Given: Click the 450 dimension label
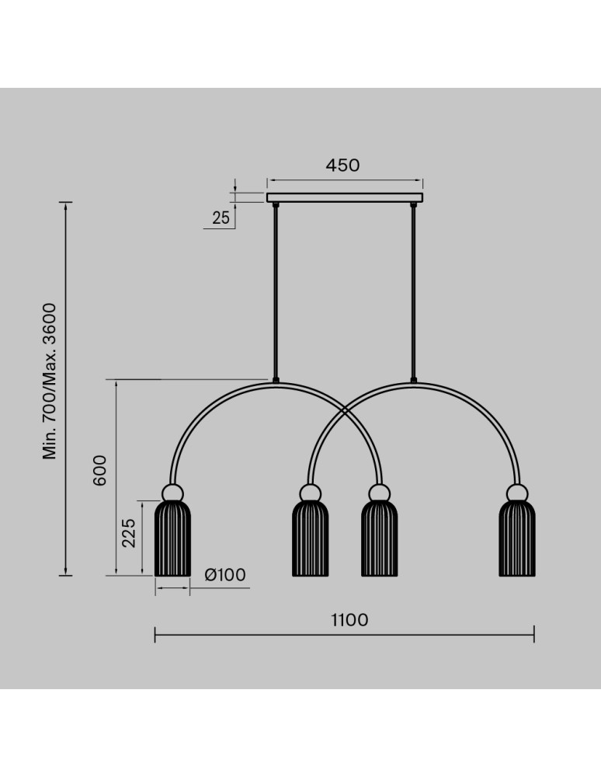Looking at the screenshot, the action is [x=342, y=165].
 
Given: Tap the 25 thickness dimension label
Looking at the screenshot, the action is [x=221, y=218].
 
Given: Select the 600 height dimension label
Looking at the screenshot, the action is [x=99, y=470].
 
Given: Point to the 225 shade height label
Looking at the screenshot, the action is [x=129, y=533].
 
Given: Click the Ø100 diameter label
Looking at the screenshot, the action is [x=225, y=575].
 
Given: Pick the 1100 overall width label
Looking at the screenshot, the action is [x=349, y=620].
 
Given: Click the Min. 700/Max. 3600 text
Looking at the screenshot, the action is [x=50, y=382].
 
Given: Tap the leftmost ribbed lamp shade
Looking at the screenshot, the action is [x=173, y=538].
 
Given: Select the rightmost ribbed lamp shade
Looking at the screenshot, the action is [x=517, y=538].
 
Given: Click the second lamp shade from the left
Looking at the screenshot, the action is [x=311, y=538].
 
